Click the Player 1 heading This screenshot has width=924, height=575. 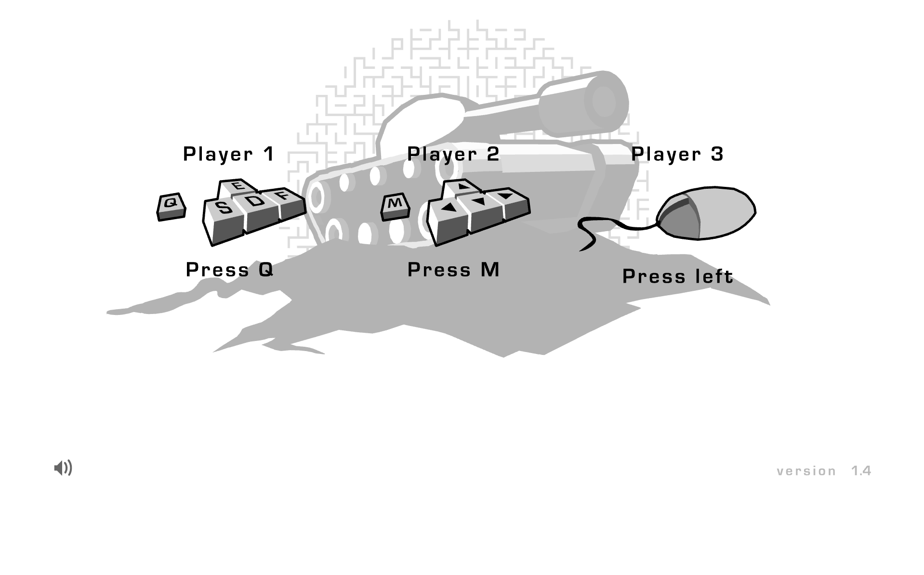point(229,154)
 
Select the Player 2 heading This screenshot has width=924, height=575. point(453,154)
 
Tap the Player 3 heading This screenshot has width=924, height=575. point(677,154)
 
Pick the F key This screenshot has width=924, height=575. point(284,196)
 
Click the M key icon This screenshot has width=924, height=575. point(395,203)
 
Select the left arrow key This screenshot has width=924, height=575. point(449,208)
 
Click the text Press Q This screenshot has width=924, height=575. point(229,270)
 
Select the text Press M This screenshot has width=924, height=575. point(453,270)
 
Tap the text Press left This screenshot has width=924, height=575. point(677,276)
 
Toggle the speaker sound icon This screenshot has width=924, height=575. point(63,468)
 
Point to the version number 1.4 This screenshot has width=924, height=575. point(861,471)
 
